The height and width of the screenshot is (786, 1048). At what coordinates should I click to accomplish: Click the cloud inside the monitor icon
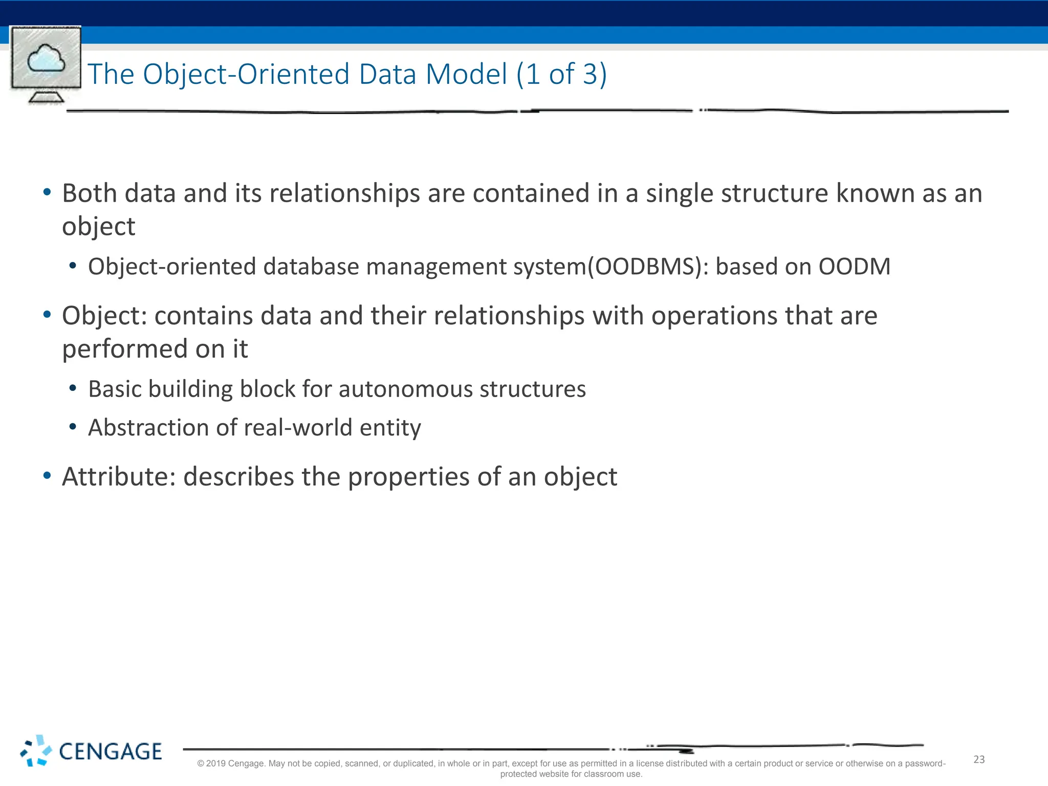coord(46,58)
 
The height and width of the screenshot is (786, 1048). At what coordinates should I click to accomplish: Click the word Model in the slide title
coord(466,74)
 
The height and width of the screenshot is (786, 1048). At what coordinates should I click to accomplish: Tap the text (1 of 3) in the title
coord(561,74)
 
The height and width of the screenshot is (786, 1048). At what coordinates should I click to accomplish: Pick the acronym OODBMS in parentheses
coord(647,267)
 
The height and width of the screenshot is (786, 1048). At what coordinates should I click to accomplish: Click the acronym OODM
coord(854,267)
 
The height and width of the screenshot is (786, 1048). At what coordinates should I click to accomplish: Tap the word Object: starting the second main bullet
coord(104,316)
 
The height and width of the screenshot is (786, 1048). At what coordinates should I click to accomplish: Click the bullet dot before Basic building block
coord(73,389)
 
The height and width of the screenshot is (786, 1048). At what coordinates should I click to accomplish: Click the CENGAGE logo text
coord(110,752)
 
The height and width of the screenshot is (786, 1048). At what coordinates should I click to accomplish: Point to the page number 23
coord(978,759)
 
